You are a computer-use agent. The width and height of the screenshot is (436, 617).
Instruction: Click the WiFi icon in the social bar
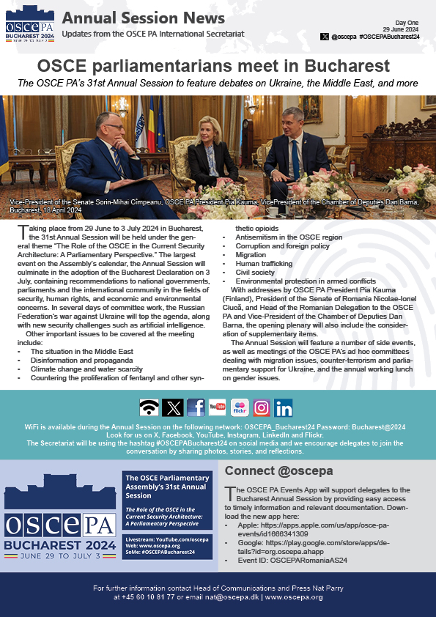pyautogui.click(x=149, y=407)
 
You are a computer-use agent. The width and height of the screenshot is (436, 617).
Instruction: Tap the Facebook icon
pyautogui.click(x=196, y=407)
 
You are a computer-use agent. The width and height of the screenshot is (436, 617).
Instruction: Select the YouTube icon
pyautogui.click(x=218, y=407)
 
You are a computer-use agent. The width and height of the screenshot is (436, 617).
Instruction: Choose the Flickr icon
pyautogui.click(x=240, y=407)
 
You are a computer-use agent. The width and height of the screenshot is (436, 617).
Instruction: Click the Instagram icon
pyautogui.click(x=262, y=407)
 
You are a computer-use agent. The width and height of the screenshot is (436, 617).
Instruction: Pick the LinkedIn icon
pyautogui.click(x=284, y=407)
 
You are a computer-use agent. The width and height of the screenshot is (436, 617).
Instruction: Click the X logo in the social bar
pyautogui.click(x=172, y=407)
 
